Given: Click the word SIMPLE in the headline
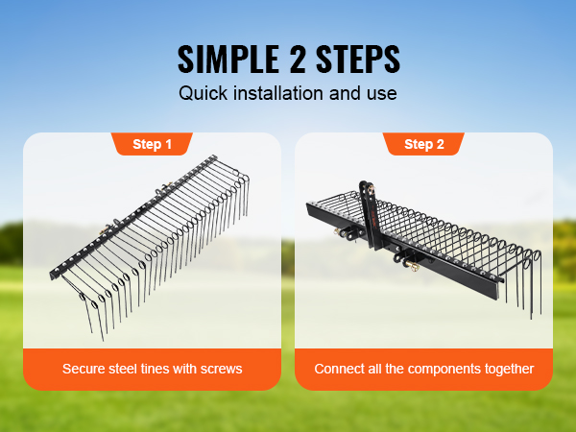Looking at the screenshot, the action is pos(228,60).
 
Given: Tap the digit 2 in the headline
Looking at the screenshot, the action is pos(298,60).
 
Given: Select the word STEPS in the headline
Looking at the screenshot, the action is pos(358,60).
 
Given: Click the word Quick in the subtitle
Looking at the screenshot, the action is pos(204,93).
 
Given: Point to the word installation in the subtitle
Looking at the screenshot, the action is pos(278,93).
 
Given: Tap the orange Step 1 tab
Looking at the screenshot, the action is pos(152,144).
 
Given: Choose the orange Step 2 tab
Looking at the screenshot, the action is pos(424,144).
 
